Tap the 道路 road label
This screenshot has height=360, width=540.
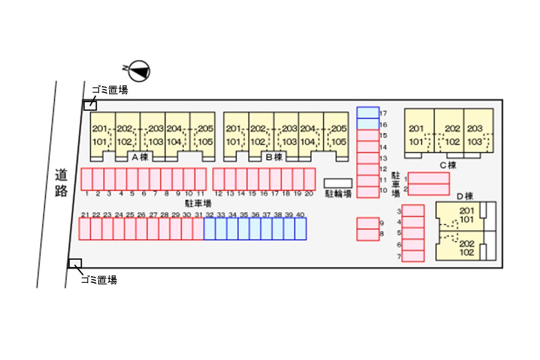(61, 183)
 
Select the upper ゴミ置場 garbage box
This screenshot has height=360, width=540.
(90, 106)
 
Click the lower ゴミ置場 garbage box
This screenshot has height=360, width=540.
(75, 263)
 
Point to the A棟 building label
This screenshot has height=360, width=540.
(140, 157)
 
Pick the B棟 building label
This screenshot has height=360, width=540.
(274, 157)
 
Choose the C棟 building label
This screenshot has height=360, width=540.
(448, 165)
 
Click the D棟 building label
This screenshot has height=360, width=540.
(465, 197)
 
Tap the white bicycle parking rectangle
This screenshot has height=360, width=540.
(338, 183)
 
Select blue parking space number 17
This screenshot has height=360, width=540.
(368, 113)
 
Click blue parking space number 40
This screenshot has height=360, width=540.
(301, 229)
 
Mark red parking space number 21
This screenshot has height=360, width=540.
(85, 229)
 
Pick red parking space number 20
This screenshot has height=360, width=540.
(309, 179)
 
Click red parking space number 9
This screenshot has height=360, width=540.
(368, 223)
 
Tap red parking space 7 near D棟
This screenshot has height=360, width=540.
(413, 256)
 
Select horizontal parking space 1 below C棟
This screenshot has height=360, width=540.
(428, 178)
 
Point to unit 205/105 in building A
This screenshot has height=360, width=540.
(202, 135)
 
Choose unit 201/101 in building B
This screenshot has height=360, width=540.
(236, 135)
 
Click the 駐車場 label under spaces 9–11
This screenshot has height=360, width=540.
(198, 203)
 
